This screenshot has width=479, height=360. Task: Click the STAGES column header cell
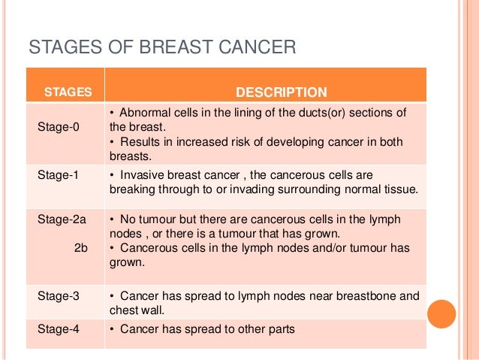pos(68,92)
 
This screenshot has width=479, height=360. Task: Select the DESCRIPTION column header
pos(281,92)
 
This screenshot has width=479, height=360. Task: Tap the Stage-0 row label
pos(58,126)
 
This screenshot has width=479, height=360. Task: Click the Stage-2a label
pos(61,219)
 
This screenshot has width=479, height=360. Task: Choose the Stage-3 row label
pos(58,296)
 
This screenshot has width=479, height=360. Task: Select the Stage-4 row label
pos(58,329)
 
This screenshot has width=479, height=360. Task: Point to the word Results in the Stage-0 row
pos(139,142)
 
